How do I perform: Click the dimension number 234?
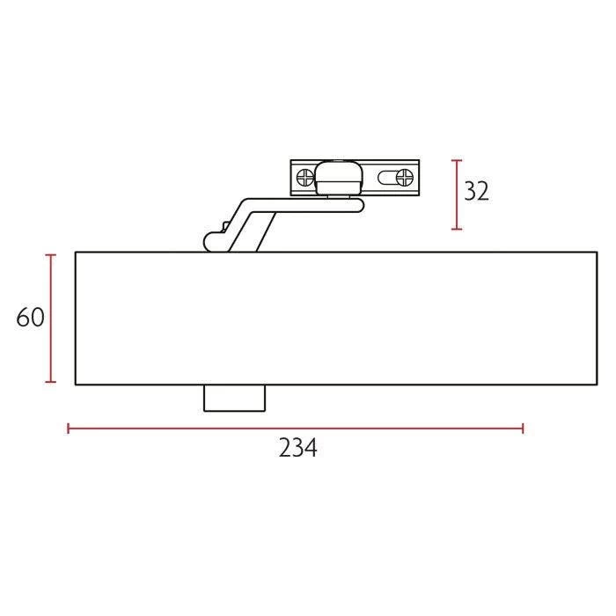[297, 448]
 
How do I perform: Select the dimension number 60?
[30, 318]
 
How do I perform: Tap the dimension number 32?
[476, 191]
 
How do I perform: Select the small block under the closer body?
[234, 398]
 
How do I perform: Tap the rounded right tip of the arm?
[360, 206]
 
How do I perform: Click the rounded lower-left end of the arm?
[210, 240]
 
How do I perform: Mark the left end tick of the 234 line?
[69, 429]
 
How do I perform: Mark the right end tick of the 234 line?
[524, 429]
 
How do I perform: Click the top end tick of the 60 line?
[51, 254]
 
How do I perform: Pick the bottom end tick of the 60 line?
[51, 382]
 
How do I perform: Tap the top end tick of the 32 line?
[456, 160]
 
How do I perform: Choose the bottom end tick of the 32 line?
[456, 230]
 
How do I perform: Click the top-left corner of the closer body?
[76, 253]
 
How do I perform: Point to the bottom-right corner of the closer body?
[595, 385]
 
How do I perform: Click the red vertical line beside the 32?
[456, 194]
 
